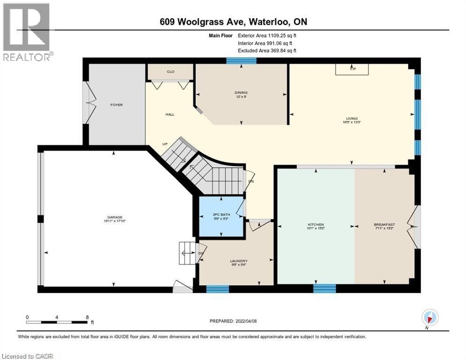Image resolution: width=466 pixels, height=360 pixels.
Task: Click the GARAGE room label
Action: point(114,217)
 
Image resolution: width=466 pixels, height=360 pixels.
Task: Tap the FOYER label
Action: point(116,105)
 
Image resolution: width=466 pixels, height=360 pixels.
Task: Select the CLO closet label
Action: point(170,72)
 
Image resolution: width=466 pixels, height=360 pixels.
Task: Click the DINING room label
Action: point(241,93)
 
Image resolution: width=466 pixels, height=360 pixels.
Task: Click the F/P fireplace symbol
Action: point(352,69)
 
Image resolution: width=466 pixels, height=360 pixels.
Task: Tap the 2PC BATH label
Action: point(221,214)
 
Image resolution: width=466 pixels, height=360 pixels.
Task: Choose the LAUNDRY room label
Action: point(239,261)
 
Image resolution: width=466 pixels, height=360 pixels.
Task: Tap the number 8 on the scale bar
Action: point(87,317)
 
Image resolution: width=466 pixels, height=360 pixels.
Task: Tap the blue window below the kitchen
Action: point(324,288)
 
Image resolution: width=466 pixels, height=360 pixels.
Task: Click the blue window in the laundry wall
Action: point(218,289)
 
